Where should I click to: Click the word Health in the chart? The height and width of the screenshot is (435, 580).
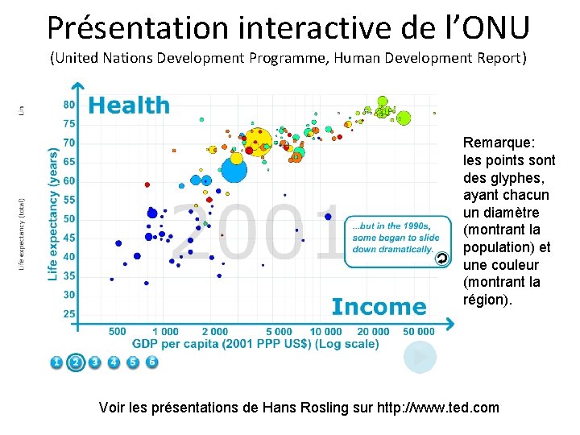(129, 106)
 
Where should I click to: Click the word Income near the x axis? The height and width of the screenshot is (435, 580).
(379, 307)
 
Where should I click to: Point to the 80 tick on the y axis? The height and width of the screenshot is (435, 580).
(69, 105)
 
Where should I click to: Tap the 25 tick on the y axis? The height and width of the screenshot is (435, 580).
(69, 313)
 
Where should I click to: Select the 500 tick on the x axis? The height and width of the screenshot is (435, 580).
(117, 331)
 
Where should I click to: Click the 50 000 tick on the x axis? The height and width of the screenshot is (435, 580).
(418, 331)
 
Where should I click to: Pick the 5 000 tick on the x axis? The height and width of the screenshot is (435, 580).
(279, 331)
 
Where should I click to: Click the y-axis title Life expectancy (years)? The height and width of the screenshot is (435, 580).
(53, 213)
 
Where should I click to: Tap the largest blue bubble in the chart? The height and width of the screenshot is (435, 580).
(234, 170)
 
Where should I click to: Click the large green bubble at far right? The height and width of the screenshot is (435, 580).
(404, 118)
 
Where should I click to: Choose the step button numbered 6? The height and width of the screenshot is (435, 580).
(152, 362)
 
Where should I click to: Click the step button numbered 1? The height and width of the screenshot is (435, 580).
(56, 362)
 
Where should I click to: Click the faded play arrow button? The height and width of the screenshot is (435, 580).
(420, 358)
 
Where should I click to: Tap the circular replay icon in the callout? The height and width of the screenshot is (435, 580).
(441, 258)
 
